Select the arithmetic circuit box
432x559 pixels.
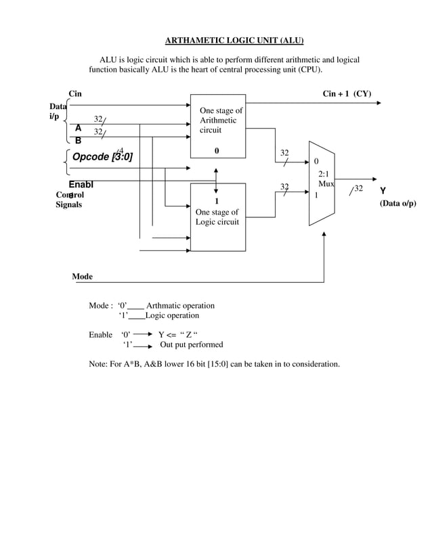(217, 125)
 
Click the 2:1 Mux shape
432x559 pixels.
(322, 183)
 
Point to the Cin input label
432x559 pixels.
(75, 93)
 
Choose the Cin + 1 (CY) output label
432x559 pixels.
(347, 93)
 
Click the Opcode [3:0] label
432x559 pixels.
(102, 158)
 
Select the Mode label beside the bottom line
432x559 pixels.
(83, 277)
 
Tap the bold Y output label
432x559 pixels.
(383, 191)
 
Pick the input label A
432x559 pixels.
(78, 128)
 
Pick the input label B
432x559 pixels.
(78, 141)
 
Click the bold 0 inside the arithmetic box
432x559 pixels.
(217, 152)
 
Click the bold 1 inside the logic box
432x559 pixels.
(217, 201)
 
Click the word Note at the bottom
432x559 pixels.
(99, 364)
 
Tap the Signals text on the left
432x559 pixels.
(69, 204)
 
